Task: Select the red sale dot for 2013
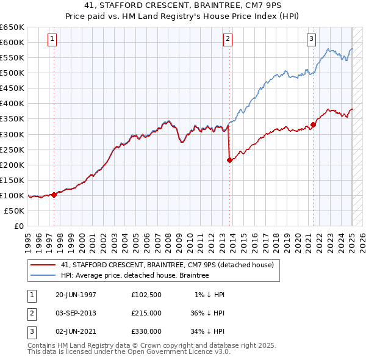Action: point(229,160)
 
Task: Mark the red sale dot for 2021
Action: point(313,125)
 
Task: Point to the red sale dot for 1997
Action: point(54,195)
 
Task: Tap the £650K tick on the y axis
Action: point(12,27)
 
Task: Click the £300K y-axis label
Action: point(12,134)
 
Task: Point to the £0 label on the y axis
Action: point(18,226)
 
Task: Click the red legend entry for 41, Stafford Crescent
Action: point(170,265)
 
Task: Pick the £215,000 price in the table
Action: point(146,313)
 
